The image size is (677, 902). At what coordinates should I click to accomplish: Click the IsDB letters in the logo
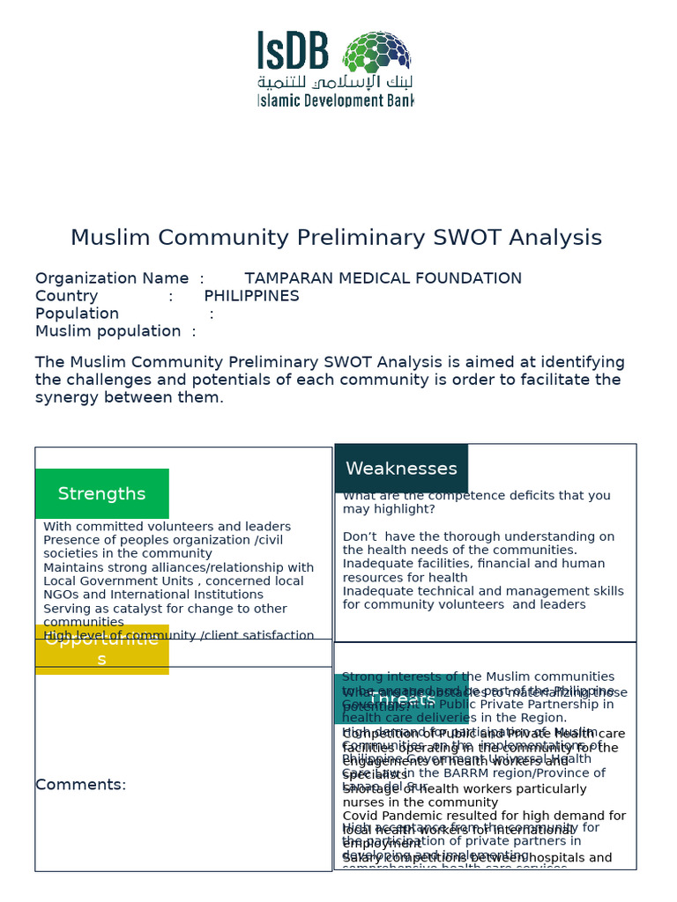[294, 51]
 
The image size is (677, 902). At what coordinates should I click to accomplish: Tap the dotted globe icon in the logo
[376, 52]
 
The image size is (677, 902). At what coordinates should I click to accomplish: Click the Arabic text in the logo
[335, 81]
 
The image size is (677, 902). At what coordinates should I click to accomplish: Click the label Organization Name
[112, 278]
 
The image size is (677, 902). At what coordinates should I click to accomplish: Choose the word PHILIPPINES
[251, 296]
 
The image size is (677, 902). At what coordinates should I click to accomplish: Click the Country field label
[66, 296]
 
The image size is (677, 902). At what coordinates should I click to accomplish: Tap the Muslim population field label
[108, 331]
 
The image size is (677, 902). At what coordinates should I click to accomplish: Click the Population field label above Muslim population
[77, 314]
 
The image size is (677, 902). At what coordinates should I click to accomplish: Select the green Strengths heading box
[102, 493]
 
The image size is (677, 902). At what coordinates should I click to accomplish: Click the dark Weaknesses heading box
[401, 469]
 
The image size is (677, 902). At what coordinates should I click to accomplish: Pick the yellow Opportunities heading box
[102, 649]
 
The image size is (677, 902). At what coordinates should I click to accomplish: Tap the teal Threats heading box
[401, 699]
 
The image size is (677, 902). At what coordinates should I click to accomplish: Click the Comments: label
[80, 785]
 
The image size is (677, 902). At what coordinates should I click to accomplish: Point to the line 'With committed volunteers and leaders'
[167, 527]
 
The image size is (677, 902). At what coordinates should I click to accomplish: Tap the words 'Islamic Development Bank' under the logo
[335, 100]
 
